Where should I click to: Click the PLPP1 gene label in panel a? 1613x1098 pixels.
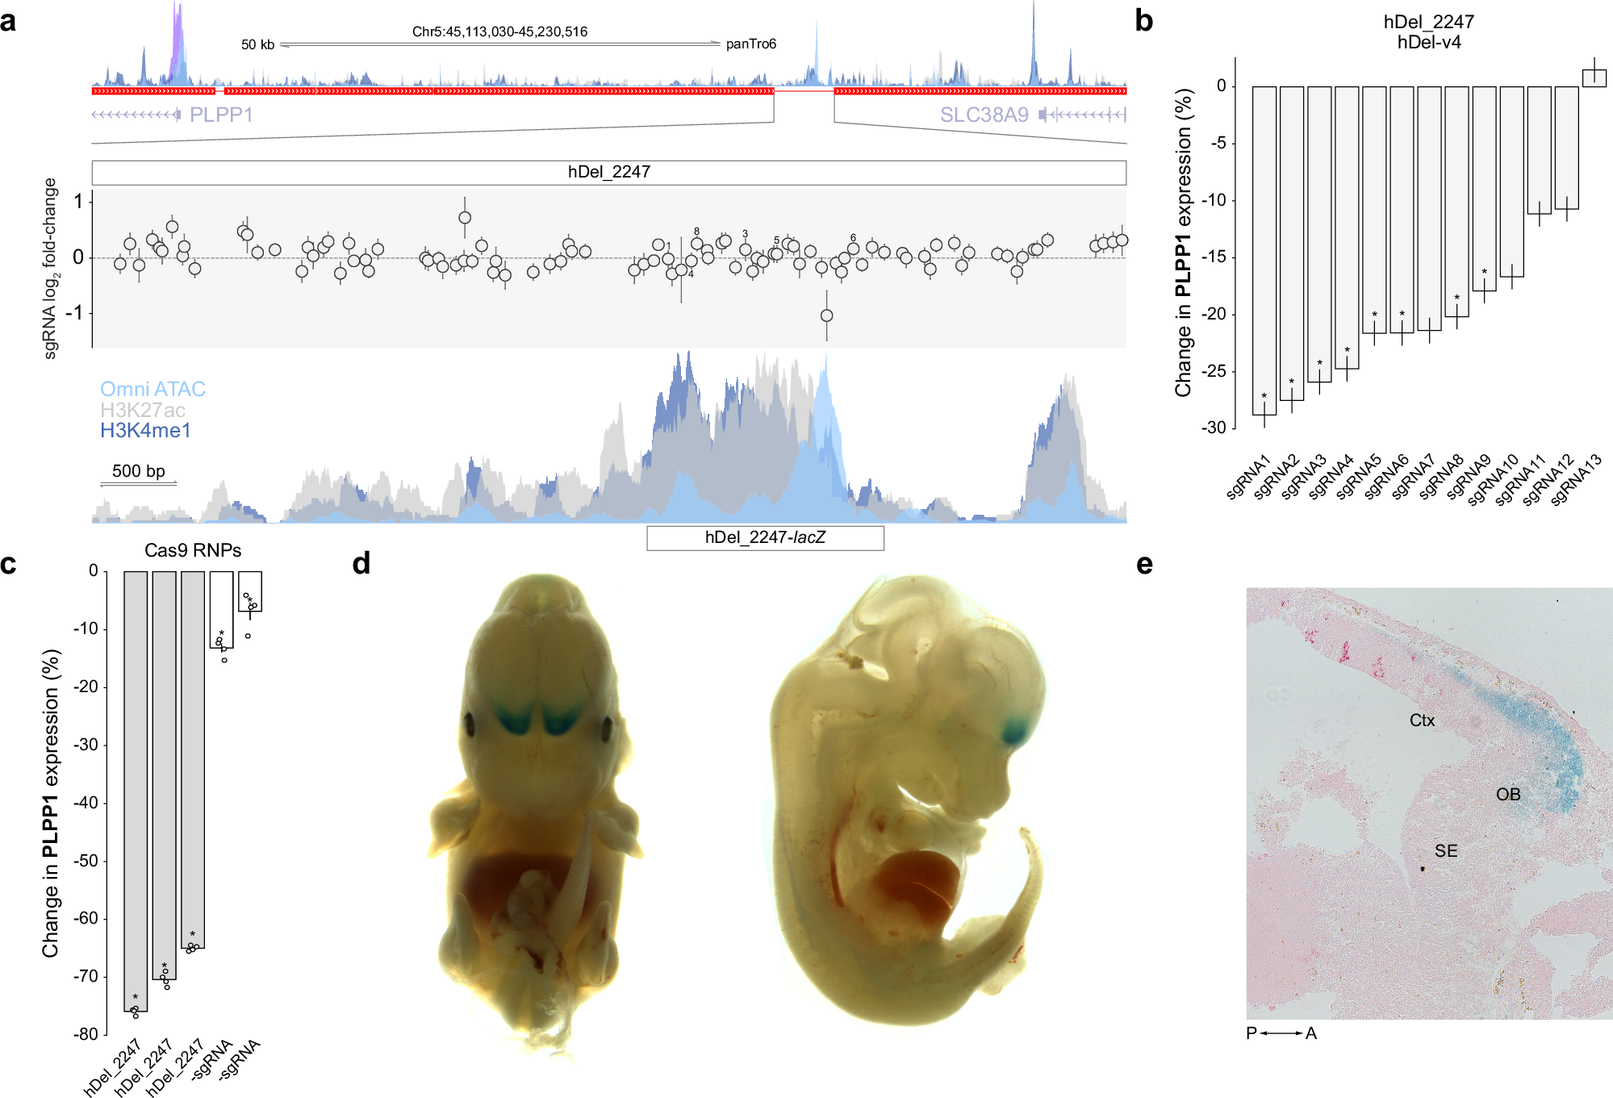221,115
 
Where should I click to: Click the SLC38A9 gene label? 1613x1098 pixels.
984,115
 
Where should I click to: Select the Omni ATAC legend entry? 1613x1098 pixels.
153,389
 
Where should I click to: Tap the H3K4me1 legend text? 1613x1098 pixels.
145,431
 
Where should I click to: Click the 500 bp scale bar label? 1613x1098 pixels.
138,471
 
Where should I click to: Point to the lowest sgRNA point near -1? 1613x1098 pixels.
826,315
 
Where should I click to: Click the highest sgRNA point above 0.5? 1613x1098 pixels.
465,218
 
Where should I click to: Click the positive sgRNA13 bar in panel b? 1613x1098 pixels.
1594,78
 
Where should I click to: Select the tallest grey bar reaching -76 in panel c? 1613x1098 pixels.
136,791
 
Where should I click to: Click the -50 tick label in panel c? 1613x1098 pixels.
86,861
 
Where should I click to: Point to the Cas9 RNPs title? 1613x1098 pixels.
193,550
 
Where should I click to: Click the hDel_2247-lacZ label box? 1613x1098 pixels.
765,538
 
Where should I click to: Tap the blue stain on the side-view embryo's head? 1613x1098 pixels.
1015,731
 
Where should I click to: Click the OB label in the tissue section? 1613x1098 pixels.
1507,795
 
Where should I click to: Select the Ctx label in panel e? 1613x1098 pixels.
1422,720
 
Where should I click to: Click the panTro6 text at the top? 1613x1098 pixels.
750,44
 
